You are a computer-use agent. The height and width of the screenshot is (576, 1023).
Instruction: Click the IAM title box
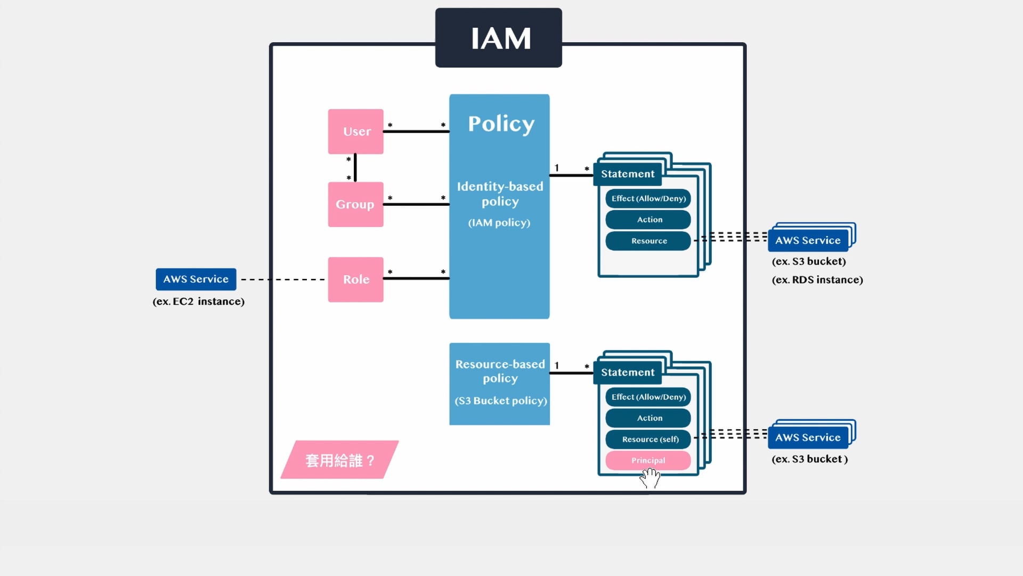coord(498,38)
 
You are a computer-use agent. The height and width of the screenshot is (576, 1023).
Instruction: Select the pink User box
coord(355,132)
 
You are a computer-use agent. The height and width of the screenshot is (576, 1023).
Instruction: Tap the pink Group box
coord(355,204)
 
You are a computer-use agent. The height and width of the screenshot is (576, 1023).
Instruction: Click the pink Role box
coord(355,279)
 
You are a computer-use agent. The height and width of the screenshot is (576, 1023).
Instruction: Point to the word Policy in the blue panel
coord(501,124)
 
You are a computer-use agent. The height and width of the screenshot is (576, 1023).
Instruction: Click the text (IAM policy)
coord(499,223)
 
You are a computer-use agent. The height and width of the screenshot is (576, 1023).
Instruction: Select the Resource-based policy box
coord(499,383)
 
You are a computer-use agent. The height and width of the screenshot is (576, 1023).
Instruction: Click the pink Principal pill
coord(648,460)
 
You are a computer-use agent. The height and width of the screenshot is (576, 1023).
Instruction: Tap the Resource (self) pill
coord(648,439)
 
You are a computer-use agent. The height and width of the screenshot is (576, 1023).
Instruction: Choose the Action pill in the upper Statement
coord(648,219)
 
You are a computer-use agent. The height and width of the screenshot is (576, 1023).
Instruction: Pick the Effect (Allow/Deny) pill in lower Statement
coord(648,397)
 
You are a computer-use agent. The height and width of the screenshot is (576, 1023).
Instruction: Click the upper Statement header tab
coord(628,174)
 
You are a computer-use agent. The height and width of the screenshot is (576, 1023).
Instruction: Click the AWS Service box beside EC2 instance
coord(196,279)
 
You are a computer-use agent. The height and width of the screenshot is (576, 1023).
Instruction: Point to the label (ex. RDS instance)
coord(817,280)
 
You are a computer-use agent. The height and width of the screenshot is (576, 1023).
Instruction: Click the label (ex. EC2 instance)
coord(198,301)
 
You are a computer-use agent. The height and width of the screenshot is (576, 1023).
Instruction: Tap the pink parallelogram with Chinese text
coord(339,460)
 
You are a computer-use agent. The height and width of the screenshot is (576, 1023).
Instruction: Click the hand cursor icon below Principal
coord(650,478)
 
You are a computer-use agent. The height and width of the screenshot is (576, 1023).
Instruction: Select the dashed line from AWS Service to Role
coord(282,279)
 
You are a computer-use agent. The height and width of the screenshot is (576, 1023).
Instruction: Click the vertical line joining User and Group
coord(355,167)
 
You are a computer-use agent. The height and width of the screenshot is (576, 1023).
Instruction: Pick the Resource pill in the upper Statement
coord(648,241)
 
